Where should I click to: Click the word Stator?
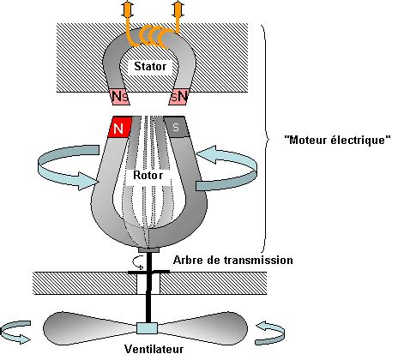pyautogui.click(x=150, y=66)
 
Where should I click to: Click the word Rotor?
pyautogui.click(x=148, y=175)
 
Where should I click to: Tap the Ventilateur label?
pyautogui.click(x=154, y=349)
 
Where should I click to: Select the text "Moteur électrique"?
pyautogui.click(x=337, y=140)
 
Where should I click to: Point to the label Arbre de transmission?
pyautogui.click(x=233, y=260)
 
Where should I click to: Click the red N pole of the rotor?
pyautogui.click(x=119, y=128)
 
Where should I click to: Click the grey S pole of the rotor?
pyautogui.click(x=177, y=127)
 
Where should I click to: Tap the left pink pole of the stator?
pyautogui.click(x=120, y=96)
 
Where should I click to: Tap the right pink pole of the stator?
pyautogui.click(x=178, y=96)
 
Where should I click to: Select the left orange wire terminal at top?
pyautogui.click(x=127, y=9)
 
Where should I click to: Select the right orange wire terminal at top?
pyautogui.click(x=178, y=9)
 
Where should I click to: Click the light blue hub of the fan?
pyautogui.click(x=147, y=328)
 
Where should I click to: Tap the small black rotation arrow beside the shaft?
pyautogui.click(x=138, y=263)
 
